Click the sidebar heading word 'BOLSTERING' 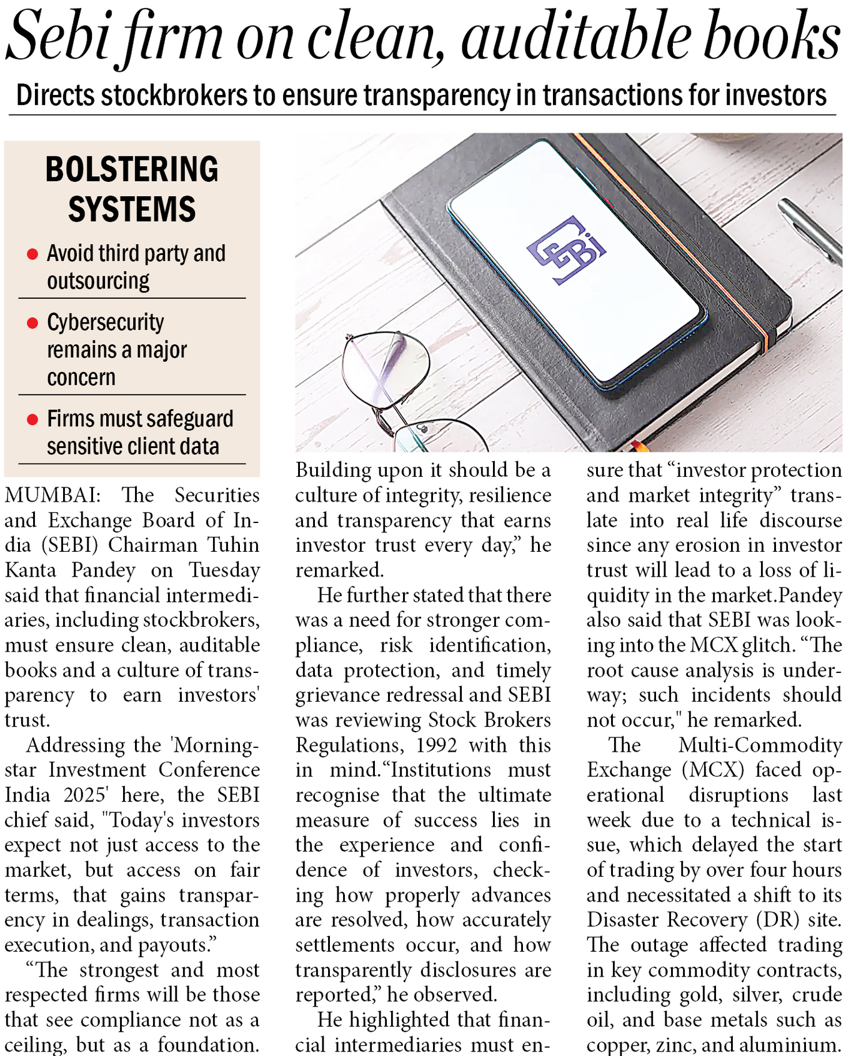pos(132,169)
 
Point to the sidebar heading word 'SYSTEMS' pos(132,209)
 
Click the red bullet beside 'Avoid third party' pos(32,254)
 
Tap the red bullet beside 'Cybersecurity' pos(32,323)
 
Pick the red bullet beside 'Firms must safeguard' pos(32,419)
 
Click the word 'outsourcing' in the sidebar pos(98,281)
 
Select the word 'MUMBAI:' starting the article pos(52,496)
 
